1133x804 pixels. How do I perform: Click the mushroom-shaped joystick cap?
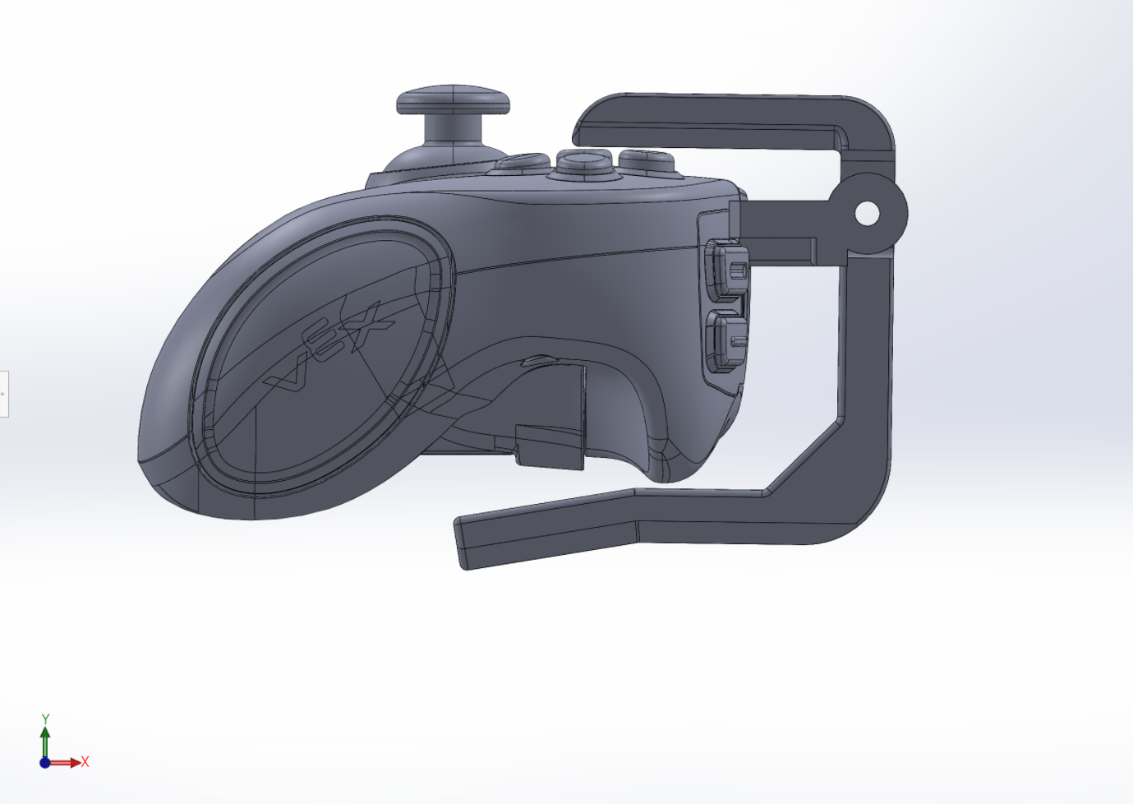453,99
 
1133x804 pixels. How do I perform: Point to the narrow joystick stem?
454,129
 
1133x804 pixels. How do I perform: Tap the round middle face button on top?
584,163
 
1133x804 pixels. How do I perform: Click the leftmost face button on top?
523,162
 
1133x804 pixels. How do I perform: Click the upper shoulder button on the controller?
727,270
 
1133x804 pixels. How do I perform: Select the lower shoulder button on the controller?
727,342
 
